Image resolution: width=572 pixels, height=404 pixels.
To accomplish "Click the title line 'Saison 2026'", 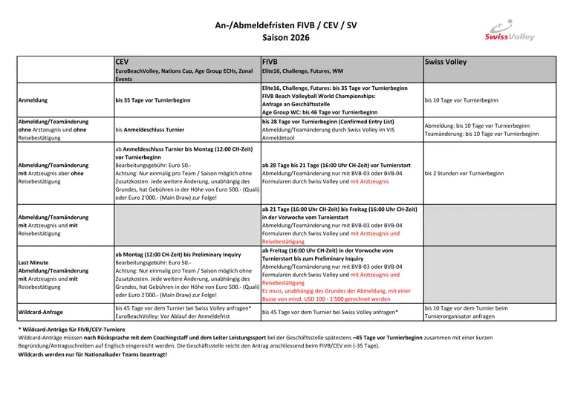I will [286, 37].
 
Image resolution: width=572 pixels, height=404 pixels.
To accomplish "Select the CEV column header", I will [122, 62].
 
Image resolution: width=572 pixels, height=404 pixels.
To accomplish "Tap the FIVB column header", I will [270, 62].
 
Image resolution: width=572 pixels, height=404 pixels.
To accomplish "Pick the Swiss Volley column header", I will [446, 62].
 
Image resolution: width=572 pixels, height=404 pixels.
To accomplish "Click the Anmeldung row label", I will [33, 100].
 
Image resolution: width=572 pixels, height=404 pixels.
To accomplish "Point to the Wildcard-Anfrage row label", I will [40, 312].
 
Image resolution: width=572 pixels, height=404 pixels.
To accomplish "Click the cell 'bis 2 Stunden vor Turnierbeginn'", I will [464, 173].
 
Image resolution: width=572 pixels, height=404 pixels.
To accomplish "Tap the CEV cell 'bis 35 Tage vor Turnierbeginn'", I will [153, 100].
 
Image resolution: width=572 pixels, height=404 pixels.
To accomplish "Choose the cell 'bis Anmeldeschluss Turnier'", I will [150, 129].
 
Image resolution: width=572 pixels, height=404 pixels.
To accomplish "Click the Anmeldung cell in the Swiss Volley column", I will [461, 100].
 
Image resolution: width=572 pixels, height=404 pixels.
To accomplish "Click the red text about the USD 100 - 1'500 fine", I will [336, 295].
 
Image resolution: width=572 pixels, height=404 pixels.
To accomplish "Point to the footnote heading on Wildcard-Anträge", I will [72, 329].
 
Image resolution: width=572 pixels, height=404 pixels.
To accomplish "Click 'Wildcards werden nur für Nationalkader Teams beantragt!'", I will [93, 354].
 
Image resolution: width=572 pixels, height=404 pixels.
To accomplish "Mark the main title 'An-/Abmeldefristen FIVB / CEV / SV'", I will [286, 25].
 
